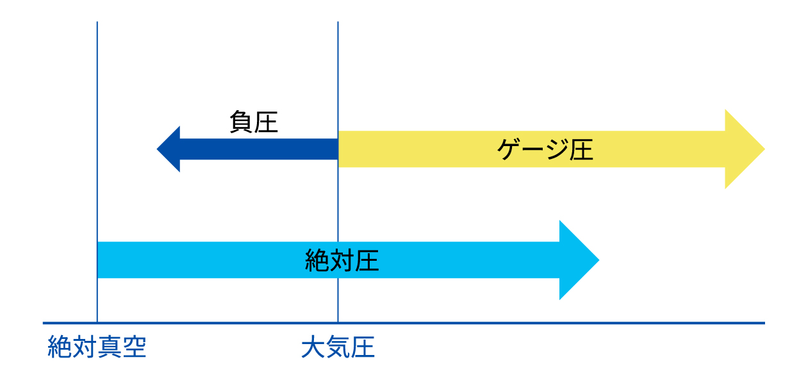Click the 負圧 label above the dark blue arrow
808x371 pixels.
254,122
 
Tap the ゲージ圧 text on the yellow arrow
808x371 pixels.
545,149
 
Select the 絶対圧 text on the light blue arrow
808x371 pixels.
342,260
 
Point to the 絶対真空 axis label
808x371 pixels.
97,347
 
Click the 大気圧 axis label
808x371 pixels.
338,347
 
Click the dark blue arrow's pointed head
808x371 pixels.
169,149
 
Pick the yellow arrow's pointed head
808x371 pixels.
745,149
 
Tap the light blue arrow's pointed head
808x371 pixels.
579,260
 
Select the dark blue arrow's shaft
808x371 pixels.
259,149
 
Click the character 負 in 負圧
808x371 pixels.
242,122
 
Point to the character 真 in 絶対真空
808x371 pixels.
110,347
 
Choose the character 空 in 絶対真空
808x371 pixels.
134,347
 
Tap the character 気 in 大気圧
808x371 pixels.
338,347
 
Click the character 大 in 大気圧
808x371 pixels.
313,347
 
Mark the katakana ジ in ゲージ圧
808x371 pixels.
557,149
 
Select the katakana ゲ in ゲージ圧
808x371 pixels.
509,149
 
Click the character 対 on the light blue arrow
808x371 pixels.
342,260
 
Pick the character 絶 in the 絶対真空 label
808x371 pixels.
60,347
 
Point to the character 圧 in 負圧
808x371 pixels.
266,122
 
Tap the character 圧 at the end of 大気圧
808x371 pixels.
363,347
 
